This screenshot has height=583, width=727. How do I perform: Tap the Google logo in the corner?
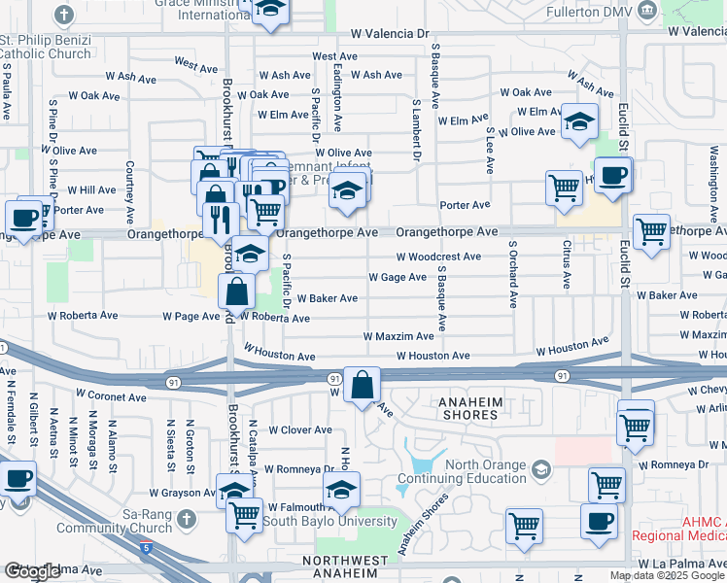(x=32, y=571)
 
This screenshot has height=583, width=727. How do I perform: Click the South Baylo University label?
(x=335, y=522)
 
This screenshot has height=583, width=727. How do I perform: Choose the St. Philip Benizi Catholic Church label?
(x=46, y=48)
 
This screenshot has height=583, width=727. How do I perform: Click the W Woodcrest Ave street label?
(x=437, y=257)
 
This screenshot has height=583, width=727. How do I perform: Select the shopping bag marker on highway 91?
(x=363, y=386)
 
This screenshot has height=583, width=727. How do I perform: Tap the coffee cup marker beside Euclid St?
(x=612, y=177)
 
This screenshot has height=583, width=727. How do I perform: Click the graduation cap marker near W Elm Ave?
(x=579, y=122)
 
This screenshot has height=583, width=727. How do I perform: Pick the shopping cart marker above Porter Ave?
(x=564, y=188)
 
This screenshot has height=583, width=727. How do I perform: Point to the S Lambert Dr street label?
(x=416, y=128)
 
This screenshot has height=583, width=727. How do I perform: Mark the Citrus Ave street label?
(x=567, y=268)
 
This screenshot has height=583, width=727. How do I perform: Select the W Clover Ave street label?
(x=300, y=429)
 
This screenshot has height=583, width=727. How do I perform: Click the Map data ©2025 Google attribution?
(x=668, y=575)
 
